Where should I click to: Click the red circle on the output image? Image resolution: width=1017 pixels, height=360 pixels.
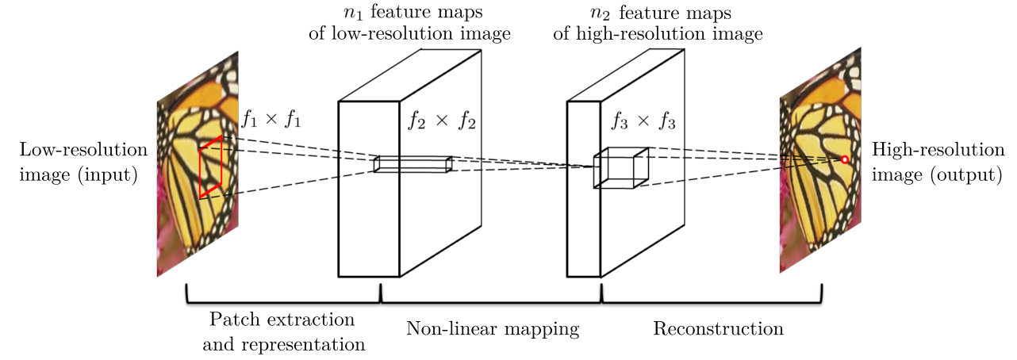(845, 159)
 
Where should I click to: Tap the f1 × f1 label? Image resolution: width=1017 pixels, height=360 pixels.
(271, 121)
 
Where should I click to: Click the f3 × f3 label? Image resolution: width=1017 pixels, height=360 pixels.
(643, 121)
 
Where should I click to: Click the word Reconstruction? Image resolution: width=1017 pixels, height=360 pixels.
(718, 328)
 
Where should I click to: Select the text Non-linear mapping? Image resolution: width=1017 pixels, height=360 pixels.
(493, 328)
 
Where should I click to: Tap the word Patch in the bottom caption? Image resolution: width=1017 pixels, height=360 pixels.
(230, 320)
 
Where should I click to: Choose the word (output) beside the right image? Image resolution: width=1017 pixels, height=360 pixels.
(966, 174)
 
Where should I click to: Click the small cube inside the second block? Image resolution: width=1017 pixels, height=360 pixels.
(621, 168)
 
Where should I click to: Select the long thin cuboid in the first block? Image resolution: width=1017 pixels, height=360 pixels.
(413, 164)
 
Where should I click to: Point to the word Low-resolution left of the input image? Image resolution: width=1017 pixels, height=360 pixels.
(84, 150)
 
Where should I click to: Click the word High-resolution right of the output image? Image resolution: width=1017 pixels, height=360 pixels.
(926, 150)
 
